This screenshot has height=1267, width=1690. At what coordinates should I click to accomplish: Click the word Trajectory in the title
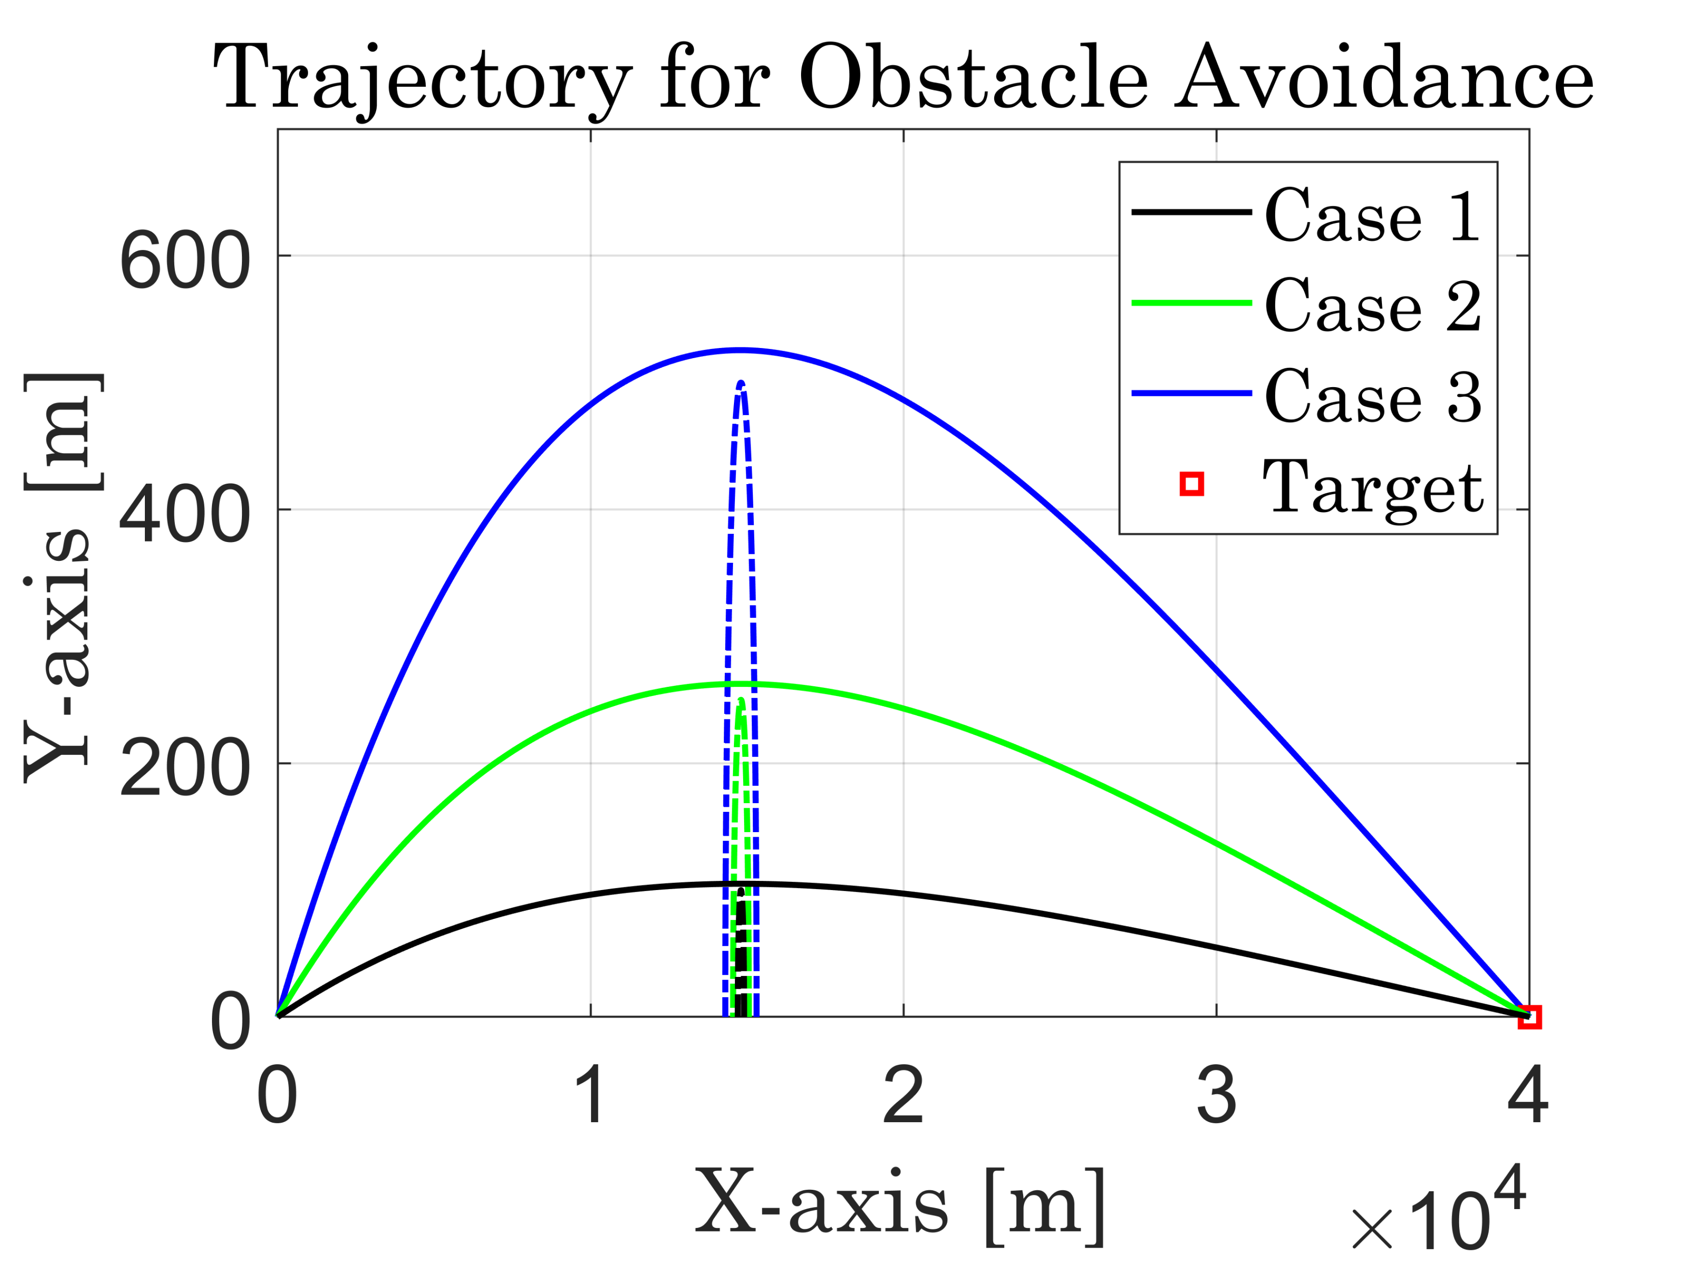(x=422, y=79)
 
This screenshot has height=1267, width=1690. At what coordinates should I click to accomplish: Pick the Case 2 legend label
(x=1373, y=305)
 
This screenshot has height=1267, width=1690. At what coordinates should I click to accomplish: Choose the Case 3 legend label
(x=1373, y=396)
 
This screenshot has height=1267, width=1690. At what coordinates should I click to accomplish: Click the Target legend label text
(x=1373, y=487)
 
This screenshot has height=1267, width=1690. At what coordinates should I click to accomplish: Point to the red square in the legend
(x=1192, y=484)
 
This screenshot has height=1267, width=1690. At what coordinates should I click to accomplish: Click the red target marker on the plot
(x=1529, y=1017)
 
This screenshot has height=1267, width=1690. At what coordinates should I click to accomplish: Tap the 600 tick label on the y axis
(x=185, y=262)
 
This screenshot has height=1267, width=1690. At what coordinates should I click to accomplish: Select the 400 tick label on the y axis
(x=185, y=516)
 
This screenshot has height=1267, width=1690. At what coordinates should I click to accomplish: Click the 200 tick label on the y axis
(x=185, y=769)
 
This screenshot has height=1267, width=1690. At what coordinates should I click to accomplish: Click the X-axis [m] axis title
(x=900, y=1205)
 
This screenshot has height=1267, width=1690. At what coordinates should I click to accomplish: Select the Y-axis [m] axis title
(x=63, y=578)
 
